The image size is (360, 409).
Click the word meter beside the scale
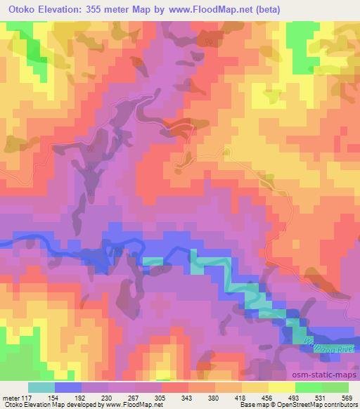[11, 397]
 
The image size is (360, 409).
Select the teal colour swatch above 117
[41, 387]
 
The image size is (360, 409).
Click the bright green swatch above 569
[335, 387]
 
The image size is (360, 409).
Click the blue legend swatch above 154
[67, 387]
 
